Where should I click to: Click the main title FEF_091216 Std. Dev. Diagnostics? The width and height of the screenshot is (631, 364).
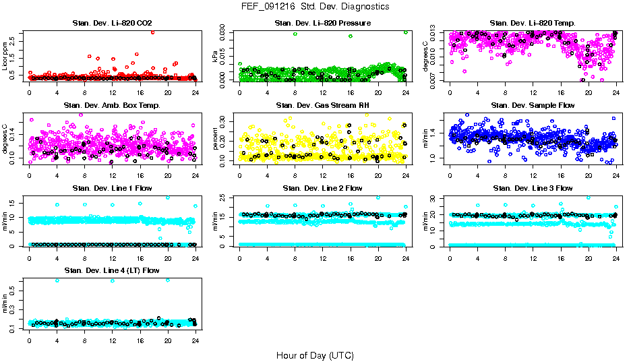[315, 6]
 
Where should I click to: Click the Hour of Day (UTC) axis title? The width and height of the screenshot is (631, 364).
[315, 355]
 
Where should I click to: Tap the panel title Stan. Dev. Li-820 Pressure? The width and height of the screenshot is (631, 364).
[322, 23]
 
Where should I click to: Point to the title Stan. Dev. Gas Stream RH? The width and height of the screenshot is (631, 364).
[322, 105]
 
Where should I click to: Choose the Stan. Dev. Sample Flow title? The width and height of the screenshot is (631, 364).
[533, 105]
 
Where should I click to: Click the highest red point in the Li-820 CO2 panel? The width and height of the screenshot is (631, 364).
[153, 32]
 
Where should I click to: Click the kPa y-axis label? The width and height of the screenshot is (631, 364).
[216, 57]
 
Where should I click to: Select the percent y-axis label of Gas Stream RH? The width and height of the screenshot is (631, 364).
[216, 139]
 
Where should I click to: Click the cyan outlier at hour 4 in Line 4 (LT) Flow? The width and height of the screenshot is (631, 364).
[57, 280]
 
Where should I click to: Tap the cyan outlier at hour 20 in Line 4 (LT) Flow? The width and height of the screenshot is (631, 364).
[167, 280]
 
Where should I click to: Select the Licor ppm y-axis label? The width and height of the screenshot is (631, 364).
[5, 57]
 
